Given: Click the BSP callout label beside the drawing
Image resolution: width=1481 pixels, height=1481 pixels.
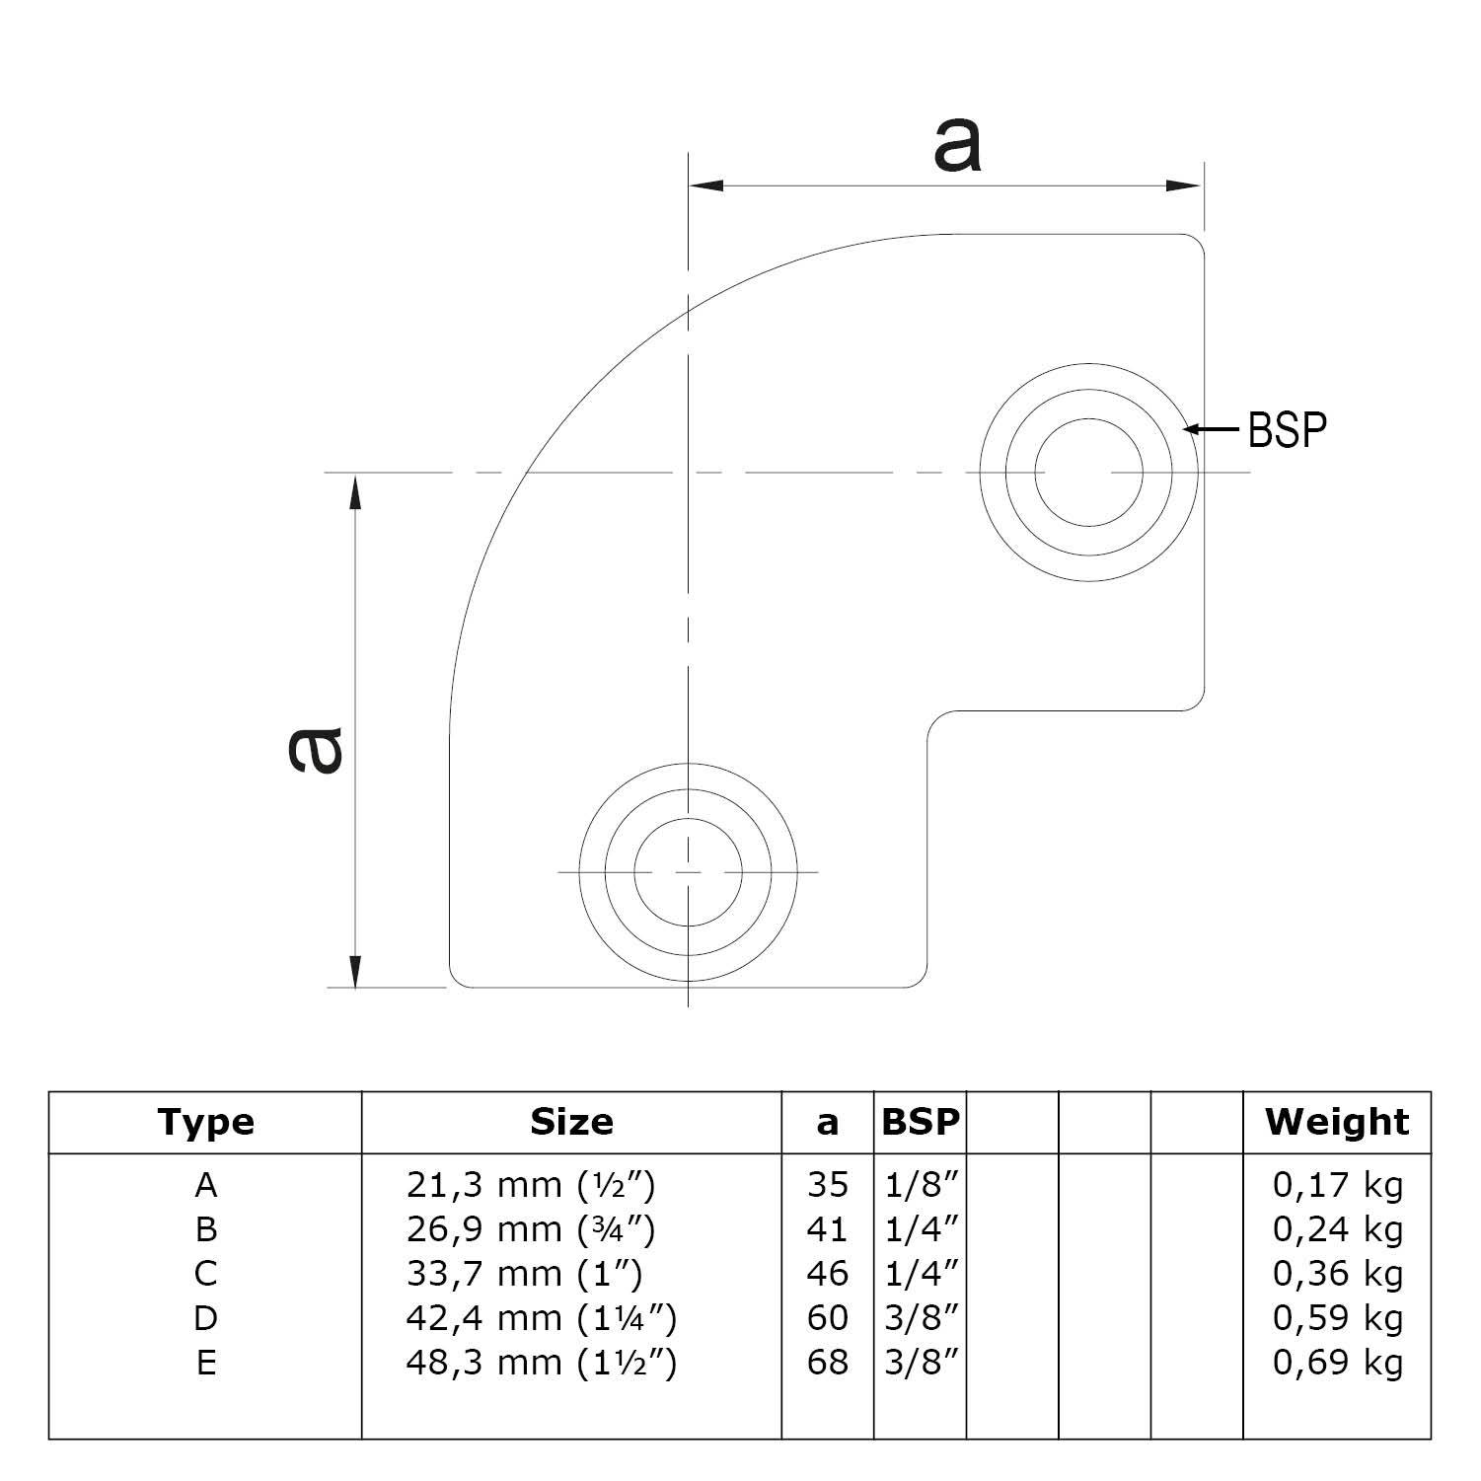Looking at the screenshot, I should pos(1288,429).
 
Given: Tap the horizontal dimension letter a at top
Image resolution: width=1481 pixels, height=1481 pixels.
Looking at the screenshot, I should pos(956,147).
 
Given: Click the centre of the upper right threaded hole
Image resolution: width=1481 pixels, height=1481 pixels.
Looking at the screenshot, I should pos(1088,473).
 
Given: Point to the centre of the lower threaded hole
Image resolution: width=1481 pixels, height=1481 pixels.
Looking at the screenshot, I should pos(688,872).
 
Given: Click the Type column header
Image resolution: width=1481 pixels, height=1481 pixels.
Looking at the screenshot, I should pos(205,1122).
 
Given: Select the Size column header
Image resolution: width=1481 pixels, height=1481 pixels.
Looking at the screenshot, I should pos(571,1122).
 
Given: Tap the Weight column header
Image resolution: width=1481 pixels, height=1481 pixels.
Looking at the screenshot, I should pos(1337,1122).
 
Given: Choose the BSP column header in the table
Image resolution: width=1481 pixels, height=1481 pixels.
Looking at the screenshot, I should pos(920,1122).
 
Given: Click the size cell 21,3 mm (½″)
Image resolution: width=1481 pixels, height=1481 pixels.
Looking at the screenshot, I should pos(531,1184).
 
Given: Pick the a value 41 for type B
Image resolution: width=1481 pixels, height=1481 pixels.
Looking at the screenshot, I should pos(827,1228).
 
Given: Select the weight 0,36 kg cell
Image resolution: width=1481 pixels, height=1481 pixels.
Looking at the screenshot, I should pos(1337,1273).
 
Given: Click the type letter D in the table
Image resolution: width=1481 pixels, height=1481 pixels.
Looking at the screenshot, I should pos(205,1317).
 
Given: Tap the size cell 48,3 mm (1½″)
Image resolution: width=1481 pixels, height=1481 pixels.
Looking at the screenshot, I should pos(541,1362).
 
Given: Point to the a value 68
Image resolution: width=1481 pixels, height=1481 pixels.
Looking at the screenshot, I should pos(827,1362).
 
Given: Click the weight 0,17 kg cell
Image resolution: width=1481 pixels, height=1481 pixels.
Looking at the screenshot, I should pos(1337,1184).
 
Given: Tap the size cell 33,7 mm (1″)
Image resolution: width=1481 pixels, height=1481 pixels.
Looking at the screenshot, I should pos(524,1273).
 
